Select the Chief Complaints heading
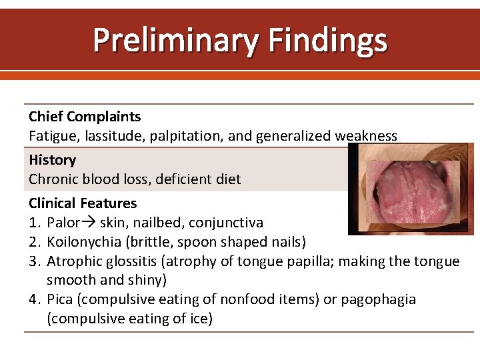85,117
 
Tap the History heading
52,160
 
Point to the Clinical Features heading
83,203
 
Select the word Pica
62,299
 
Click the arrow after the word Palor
89,223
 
